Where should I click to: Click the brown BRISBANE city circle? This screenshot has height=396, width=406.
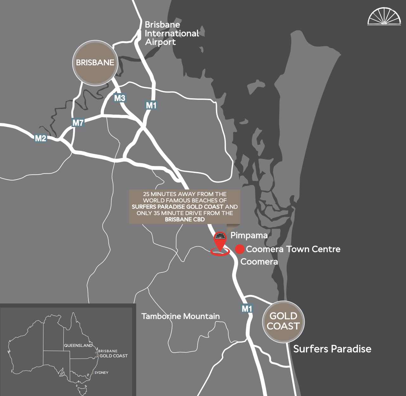(95, 62)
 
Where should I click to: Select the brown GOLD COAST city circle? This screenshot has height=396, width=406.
(283, 321)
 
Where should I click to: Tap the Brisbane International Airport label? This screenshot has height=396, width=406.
(172, 33)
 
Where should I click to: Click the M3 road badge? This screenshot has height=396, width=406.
(120, 98)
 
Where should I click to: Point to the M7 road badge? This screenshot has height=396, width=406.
(78, 123)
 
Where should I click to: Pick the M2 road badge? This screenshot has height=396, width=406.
(41, 138)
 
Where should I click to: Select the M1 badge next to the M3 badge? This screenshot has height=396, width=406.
(151, 105)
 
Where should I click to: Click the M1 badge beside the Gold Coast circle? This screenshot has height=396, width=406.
(247, 308)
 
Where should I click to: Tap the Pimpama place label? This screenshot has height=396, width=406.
(249, 235)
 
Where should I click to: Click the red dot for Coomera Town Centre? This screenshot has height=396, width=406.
(240, 249)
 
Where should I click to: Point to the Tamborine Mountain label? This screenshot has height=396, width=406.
(181, 316)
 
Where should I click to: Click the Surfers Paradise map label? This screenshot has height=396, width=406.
(332, 349)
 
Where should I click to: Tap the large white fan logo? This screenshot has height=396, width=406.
(384, 16)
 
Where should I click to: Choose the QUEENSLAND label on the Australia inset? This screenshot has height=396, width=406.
(78, 345)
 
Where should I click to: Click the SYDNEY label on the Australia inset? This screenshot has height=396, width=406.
(101, 373)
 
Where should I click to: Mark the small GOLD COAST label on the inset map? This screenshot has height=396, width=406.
(113, 356)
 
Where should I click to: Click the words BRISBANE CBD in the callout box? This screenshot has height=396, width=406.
(185, 219)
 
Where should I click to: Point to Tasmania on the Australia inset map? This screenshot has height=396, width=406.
(83, 389)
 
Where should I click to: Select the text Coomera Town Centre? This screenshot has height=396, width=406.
(293, 249)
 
